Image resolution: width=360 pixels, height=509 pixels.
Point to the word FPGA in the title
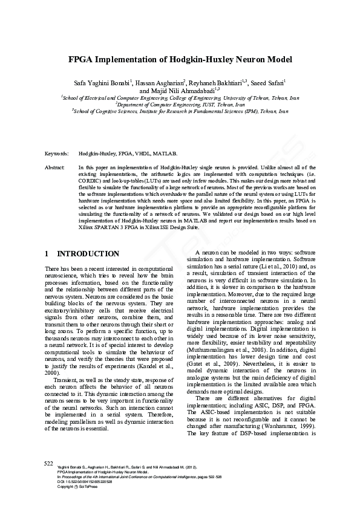click(x=82, y=60)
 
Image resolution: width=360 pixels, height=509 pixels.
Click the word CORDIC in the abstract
click(x=91, y=180)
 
